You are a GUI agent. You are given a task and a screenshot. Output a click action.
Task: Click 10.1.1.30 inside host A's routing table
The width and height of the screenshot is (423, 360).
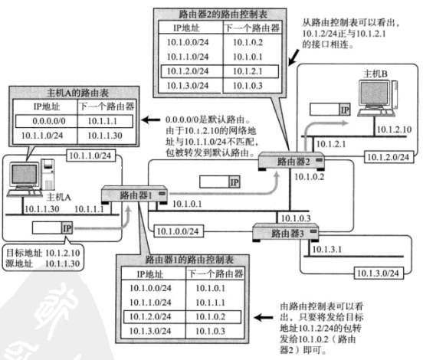pyautogui.click(x=113, y=135)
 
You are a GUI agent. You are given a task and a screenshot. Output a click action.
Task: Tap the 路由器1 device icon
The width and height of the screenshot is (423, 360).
pyautogui.click(x=132, y=195)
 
